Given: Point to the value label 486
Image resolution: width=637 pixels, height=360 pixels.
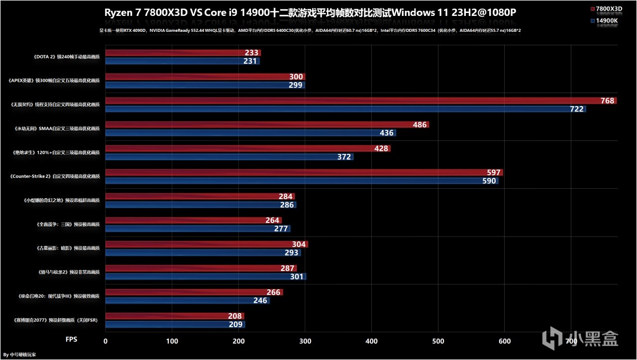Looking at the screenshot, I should click(420, 125).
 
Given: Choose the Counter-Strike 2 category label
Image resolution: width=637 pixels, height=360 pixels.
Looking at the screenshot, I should click(55, 177).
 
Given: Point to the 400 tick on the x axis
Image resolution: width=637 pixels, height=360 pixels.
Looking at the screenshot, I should click(372, 341).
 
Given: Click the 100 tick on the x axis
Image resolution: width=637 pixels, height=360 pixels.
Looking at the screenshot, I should click(172, 341).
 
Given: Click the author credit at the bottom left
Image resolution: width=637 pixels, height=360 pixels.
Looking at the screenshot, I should click(19, 355).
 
